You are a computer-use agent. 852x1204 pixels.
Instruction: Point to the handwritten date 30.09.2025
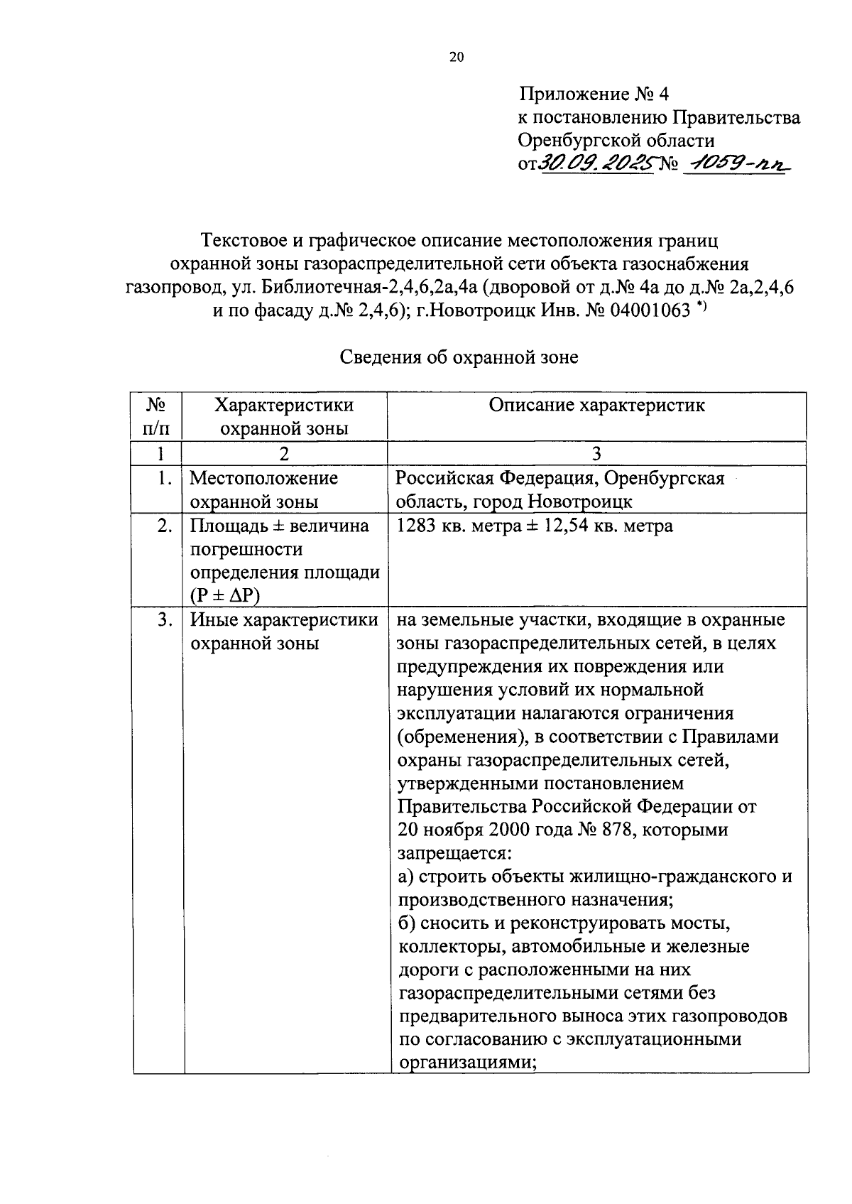pos(596,164)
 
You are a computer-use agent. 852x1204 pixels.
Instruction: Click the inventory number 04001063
pos(649,309)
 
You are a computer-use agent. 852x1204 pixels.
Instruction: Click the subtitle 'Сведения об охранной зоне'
pos(459,357)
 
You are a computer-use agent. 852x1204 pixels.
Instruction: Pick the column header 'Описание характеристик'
pos(596,406)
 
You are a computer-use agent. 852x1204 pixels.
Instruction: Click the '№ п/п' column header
pos(157,417)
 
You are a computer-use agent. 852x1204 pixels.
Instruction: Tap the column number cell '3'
pos(596,454)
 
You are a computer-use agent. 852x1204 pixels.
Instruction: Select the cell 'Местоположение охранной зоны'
pos(264,489)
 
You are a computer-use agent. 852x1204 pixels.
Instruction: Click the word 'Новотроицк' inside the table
pos(579,501)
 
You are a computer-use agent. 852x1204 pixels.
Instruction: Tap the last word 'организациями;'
pos(466,1063)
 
